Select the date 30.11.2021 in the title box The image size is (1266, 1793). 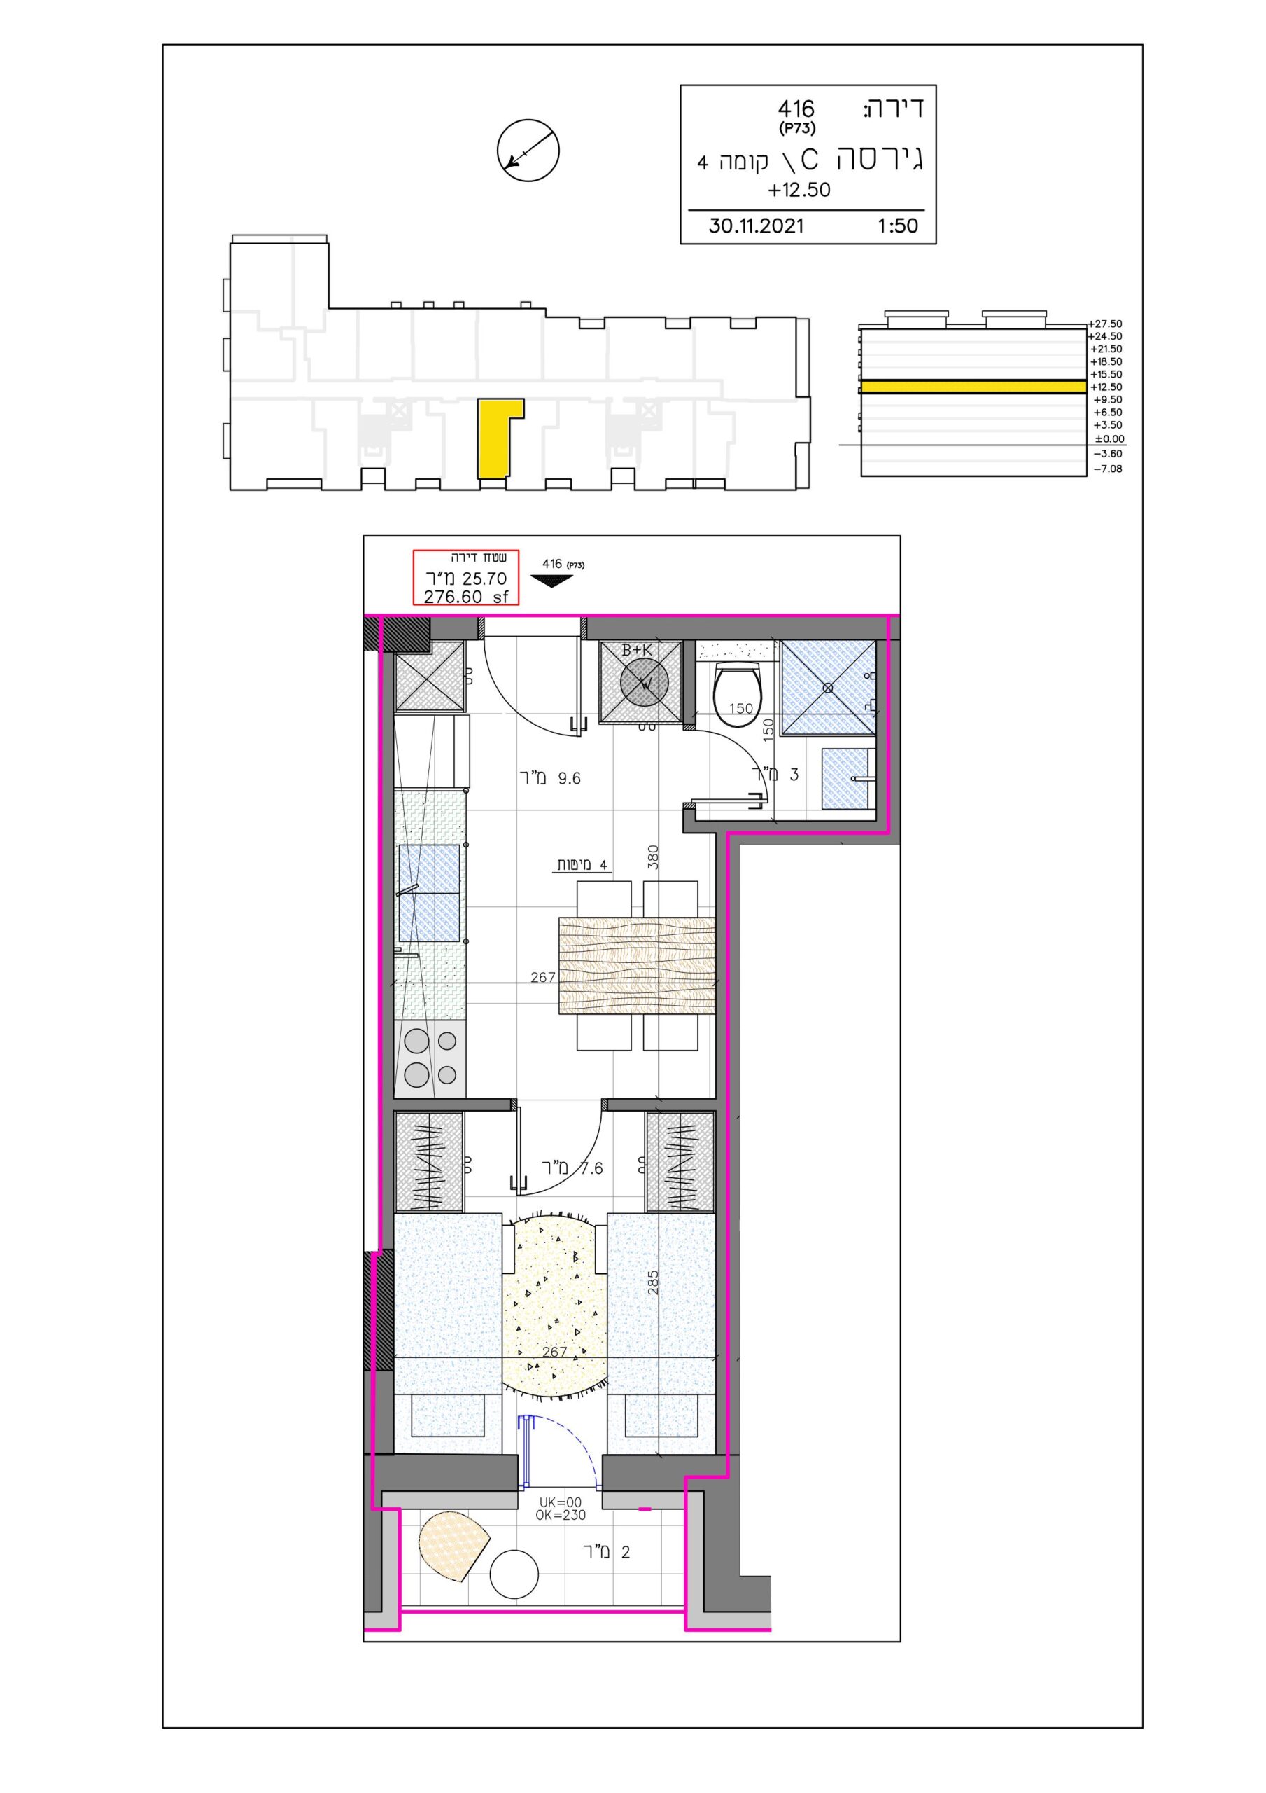coord(756,226)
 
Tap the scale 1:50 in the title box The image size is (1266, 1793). coord(898,226)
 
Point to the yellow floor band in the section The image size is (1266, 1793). coord(973,387)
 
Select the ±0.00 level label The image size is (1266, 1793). coord(1109,439)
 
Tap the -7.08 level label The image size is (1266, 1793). coord(1108,469)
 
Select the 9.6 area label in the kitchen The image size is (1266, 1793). coord(550,778)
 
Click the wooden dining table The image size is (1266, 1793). coord(637,966)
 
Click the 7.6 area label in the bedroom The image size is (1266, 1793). coord(573,1168)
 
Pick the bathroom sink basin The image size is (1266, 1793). coord(847,779)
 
